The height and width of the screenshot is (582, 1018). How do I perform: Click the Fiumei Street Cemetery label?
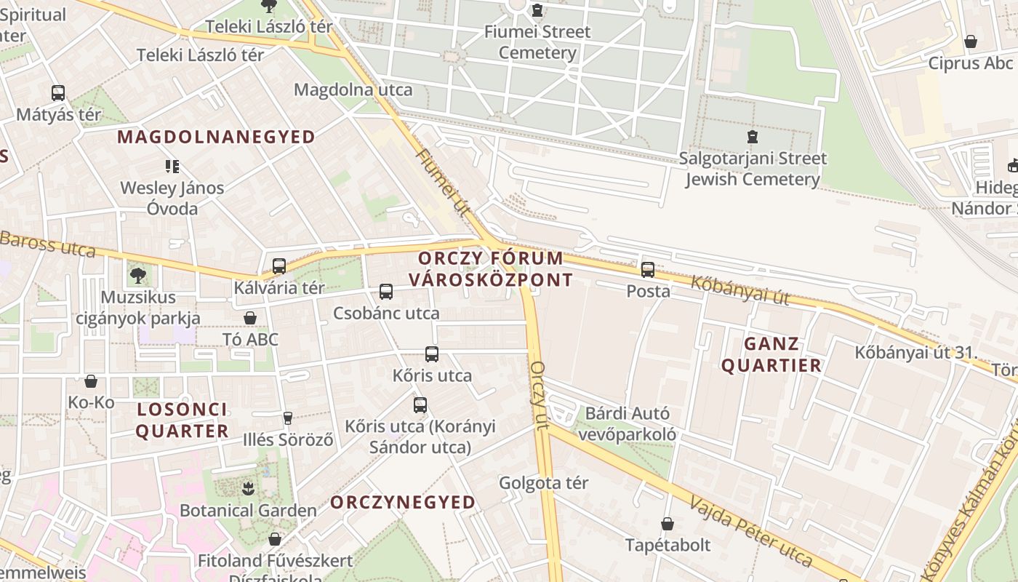pos(537,42)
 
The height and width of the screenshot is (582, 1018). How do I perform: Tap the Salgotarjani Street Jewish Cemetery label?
pos(753,169)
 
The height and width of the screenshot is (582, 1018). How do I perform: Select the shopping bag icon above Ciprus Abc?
pos(970,41)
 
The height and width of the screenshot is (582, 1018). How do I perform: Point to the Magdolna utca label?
pos(353,90)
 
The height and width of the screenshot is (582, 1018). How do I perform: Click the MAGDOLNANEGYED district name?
pos(216,137)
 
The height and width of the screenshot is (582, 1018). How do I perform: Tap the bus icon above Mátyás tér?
pos(58,93)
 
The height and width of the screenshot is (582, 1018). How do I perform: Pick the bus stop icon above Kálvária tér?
pos(279,266)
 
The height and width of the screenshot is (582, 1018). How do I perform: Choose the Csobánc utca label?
pos(386,314)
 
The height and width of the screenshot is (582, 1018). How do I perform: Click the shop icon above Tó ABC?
pos(250,318)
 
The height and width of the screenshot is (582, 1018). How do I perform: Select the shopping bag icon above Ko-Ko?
pos(91,381)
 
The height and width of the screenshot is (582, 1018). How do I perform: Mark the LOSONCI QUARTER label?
pos(182,420)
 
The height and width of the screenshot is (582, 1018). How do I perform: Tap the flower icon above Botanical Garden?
pos(248,488)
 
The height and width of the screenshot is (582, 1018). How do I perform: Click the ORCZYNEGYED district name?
pos(403,502)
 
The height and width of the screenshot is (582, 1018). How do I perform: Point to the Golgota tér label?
pos(543,483)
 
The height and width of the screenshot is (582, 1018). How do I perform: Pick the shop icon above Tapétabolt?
pos(668,524)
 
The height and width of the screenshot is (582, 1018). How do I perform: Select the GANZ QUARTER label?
pos(771,354)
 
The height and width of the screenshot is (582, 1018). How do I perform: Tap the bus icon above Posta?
pos(648,270)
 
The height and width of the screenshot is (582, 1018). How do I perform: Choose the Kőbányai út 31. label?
pos(914,353)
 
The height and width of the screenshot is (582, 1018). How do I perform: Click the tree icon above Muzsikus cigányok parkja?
pos(137,276)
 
